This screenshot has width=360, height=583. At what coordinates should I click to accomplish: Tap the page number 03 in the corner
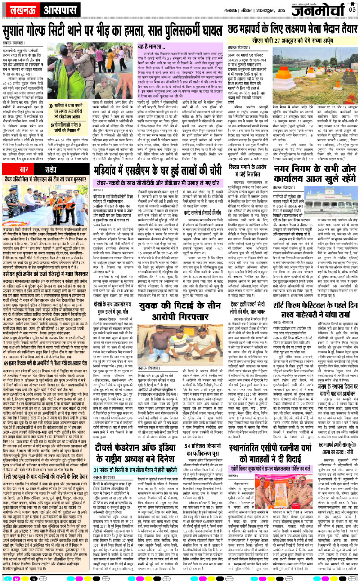(352, 9)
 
